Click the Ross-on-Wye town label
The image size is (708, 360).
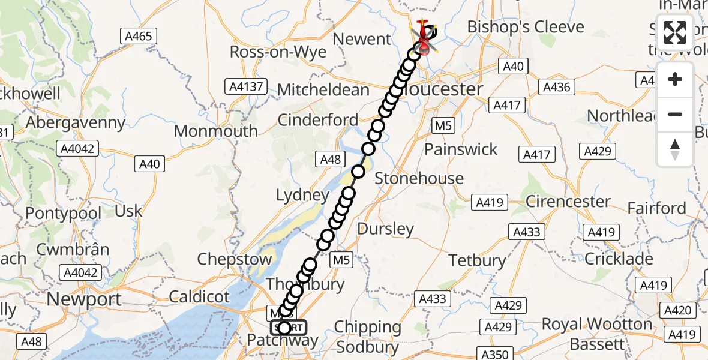coord(278,52)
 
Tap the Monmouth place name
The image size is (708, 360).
coord(216,131)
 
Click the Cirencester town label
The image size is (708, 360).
coord(568,202)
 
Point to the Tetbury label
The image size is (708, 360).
coord(478,260)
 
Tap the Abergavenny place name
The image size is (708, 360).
coord(76,123)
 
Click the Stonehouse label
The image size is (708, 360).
coord(419,178)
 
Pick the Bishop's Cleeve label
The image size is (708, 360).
coord(525,27)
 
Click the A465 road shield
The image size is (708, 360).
coord(138,36)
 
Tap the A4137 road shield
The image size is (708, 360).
coord(246,86)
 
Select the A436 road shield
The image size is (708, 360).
coord(556,88)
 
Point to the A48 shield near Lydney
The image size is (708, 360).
coord(330,159)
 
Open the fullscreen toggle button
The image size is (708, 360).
coord(675,32)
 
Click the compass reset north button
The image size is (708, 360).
coord(675,149)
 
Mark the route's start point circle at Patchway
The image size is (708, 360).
coord(284,328)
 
